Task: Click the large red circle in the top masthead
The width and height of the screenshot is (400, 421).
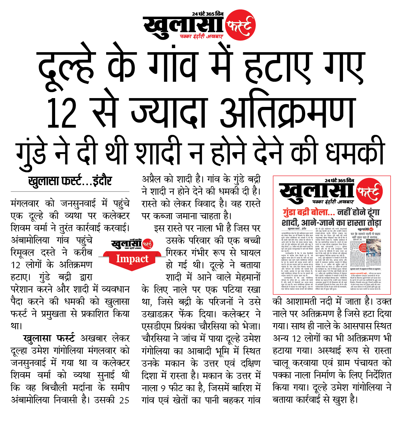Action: [240, 25]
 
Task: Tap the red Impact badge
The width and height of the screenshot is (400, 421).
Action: [132, 259]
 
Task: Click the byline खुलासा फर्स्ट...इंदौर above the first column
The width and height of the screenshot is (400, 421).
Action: [70, 181]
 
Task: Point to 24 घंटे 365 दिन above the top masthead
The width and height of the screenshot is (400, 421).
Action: [208, 14]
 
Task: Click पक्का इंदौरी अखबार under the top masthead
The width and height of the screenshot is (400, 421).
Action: [201, 37]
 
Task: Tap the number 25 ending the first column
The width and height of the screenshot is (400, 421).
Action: [124, 400]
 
